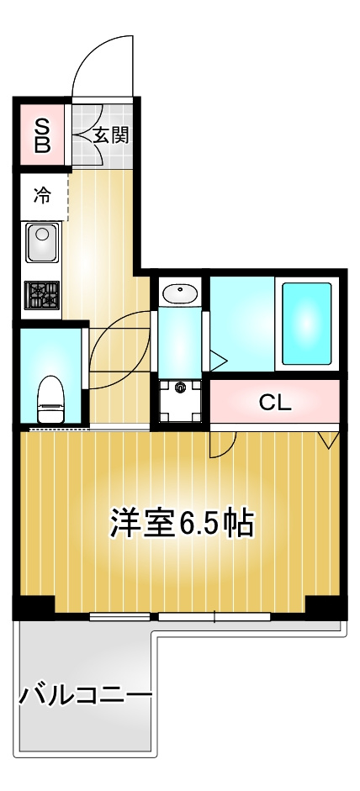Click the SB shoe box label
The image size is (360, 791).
click(42, 135)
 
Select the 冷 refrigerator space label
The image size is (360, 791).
click(42, 196)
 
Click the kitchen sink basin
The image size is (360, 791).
click(42, 242)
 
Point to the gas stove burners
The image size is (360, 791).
click(42, 295)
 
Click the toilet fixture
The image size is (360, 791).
click(50, 399)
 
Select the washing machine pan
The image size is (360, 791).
click(180, 401)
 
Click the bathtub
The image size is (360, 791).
click(306, 323)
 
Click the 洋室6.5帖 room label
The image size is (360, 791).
click(182, 525)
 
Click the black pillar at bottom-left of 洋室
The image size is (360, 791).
click(34, 607)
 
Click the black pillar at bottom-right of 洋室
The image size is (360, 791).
click(326, 607)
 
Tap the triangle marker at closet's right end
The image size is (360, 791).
click(329, 440)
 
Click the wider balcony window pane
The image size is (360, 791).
click(214, 616)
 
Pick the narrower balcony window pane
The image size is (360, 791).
click(120, 616)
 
